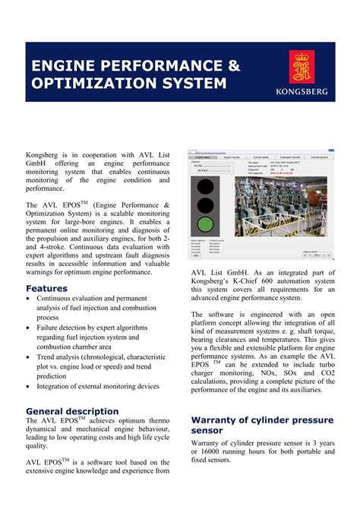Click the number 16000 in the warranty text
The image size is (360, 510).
(x=231, y=449)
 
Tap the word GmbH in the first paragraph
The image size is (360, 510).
(x=38, y=163)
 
